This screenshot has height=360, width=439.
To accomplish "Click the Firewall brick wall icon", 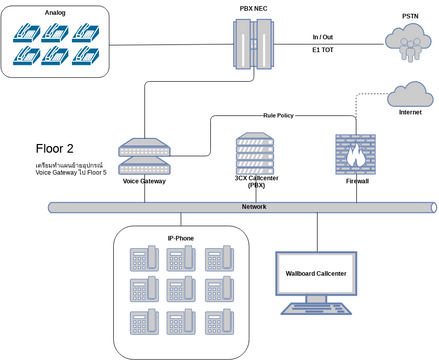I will pos(356,155).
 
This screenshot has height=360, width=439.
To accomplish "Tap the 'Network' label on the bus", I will pos(253,206).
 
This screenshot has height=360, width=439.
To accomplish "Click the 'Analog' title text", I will pos(58,12).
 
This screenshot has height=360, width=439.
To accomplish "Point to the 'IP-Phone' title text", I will pos(180,238).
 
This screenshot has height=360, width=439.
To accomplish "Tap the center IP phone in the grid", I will pos(181,290).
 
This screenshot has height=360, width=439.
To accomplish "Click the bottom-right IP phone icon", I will pos(219,322).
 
